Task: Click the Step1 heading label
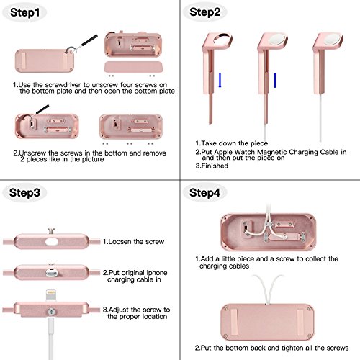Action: point(24,12)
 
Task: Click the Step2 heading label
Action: point(204,12)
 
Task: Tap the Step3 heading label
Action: point(24,192)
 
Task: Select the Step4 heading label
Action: point(204,192)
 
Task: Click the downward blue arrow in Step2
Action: point(220,80)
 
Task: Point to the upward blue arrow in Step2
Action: point(275,80)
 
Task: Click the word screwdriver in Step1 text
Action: point(63,85)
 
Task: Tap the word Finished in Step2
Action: point(215,166)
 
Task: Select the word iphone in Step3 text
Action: point(157,273)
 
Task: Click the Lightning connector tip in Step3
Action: point(51,294)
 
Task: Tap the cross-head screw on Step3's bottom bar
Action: point(51,312)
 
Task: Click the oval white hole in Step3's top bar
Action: point(52,242)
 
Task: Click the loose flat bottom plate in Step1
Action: point(134,67)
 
